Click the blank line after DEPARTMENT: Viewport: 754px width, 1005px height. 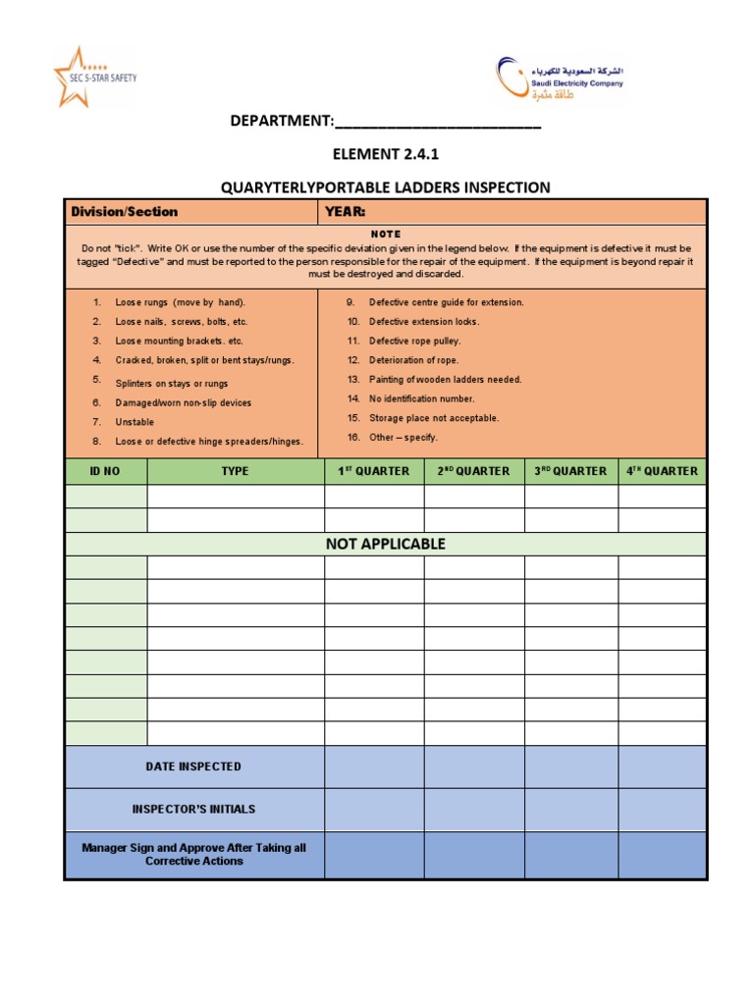coord(437,122)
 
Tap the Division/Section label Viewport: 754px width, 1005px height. coord(125,212)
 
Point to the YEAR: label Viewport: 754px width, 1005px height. coord(346,212)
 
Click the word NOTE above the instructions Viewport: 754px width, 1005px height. coord(385,235)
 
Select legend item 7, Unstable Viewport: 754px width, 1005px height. coord(135,422)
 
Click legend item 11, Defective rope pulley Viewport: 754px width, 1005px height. coord(413,341)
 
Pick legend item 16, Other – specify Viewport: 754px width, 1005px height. coord(403,437)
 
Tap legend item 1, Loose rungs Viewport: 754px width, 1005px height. coord(180,302)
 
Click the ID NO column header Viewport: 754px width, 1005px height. coord(105,471)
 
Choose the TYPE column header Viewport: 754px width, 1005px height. coord(236,471)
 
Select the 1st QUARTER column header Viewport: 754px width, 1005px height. coord(374,471)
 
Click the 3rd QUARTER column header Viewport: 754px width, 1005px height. coord(570,471)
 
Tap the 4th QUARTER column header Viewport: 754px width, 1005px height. coord(663,471)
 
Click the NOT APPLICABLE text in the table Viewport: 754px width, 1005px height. coord(385,544)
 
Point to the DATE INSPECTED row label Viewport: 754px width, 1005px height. coord(193,767)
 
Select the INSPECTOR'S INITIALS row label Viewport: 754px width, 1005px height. coord(193,810)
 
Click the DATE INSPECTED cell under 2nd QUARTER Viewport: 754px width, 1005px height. coord(474,767)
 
